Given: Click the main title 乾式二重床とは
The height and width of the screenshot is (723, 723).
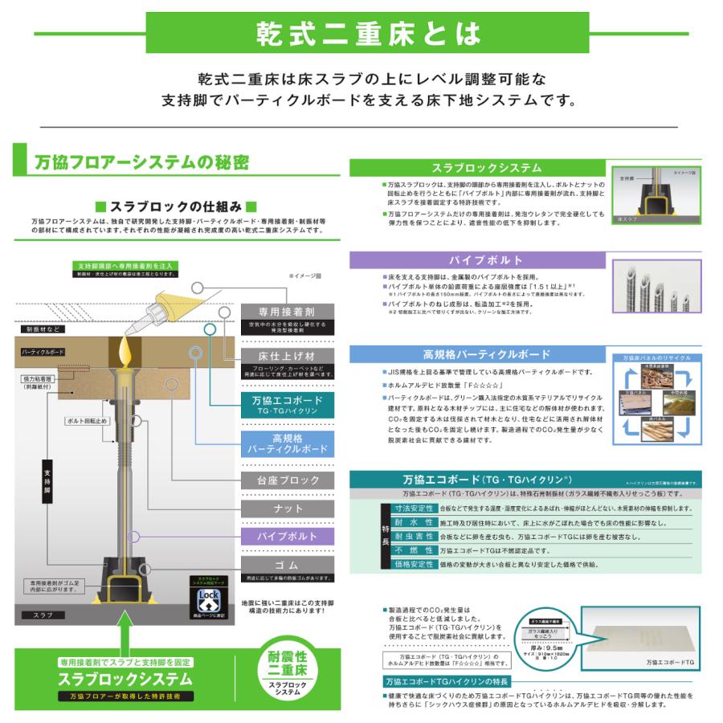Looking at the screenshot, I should [x=369, y=34].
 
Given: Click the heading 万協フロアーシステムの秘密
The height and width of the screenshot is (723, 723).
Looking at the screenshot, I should [x=141, y=162].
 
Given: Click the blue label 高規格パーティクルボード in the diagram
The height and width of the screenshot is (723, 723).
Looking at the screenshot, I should [x=287, y=443].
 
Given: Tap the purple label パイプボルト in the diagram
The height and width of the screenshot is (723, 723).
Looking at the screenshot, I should [x=286, y=536].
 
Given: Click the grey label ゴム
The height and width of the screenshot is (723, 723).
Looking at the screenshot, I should [x=288, y=566].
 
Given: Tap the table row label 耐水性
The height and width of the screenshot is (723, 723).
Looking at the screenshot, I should [x=411, y=523].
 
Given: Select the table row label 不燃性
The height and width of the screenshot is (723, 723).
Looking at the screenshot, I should [x=411, y=551].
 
